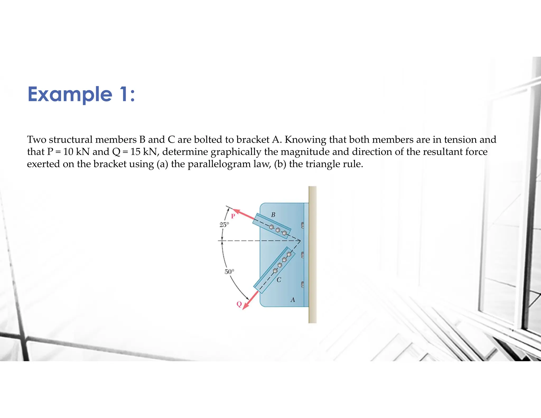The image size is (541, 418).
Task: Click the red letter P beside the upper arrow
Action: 233,216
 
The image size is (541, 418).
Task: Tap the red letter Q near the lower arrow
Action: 239,304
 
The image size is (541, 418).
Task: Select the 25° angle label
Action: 224,225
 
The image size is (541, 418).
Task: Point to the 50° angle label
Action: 229,272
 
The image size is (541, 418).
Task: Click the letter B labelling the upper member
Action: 273,215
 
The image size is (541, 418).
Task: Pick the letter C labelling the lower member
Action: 279,280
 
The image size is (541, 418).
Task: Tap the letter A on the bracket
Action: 293,300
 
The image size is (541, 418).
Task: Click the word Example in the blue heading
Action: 70,94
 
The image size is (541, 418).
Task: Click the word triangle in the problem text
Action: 322,164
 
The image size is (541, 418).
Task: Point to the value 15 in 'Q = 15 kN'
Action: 135,152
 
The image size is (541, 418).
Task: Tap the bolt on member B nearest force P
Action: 271,227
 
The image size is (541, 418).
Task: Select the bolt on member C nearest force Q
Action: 275,271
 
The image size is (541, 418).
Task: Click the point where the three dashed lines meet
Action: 300,241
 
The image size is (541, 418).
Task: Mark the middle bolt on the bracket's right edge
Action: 303,255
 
